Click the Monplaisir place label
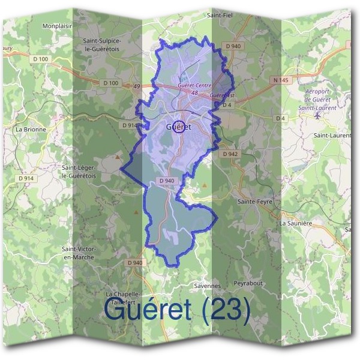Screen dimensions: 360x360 pyautogui.click(x=57, y=26)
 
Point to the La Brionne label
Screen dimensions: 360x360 pyautogui.click(x=31, y=129)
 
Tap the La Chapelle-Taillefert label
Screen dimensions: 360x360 pyautogui.click(x=122, y=299)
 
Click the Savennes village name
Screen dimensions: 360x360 pyautogui.click(x=208, y=286)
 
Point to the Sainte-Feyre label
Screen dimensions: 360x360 pyautogui.click(x=255, y=202)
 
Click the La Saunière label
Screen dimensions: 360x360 pyautogui.click(x=296, y=223)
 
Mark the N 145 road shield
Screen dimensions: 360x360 pyautogui.click(x=280, y=80)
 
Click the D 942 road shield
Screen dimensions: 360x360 pyautogui.click(x=230, y=154)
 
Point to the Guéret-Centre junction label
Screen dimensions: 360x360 pyautogui.click(x=195, y=86)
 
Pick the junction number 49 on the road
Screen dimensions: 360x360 pyautogui.click(x=136, y=86)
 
